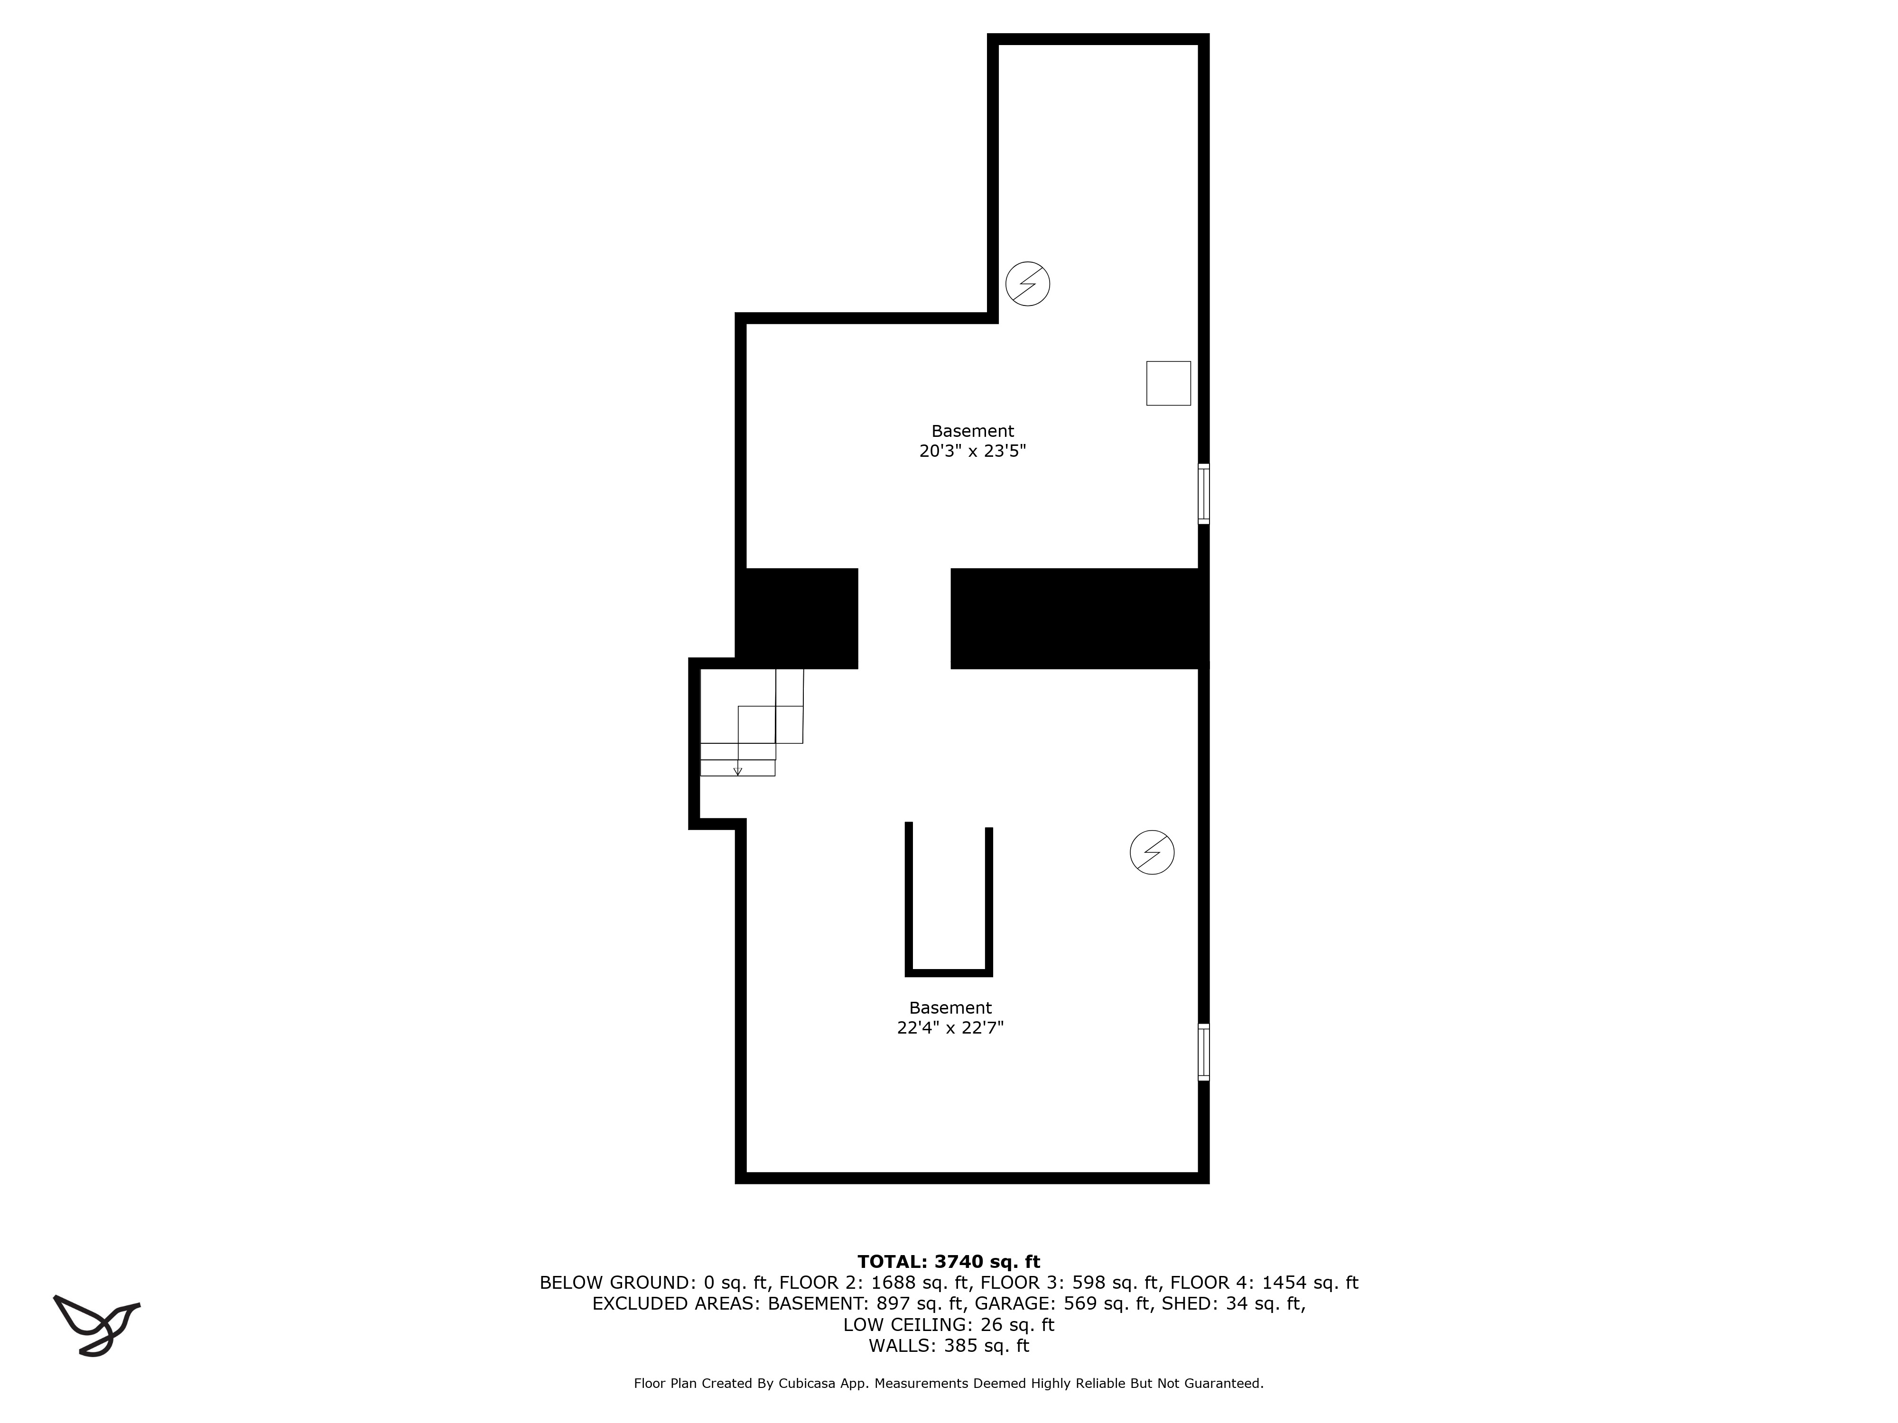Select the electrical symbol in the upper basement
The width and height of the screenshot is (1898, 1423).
pyautogui.click(x=1027, y=283)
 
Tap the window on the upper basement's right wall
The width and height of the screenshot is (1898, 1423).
pyautogui.click(x=1204, y=494)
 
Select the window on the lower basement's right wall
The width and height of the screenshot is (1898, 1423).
pyautogui.click(x=1204, y=1052)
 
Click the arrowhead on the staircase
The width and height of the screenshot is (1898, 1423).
pyautogui.click(x=738, y=772)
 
